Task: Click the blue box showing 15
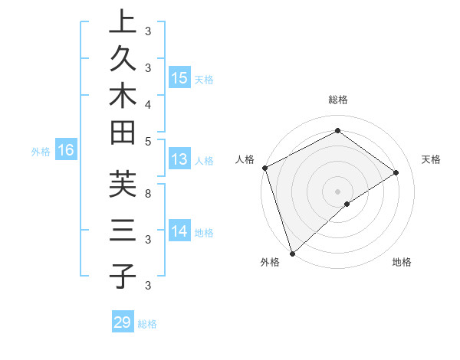click(x=179, y=77)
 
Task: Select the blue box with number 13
click(x=179, y=159)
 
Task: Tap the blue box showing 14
click(x=179, y=231)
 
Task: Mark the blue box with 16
click(x=66, y=150)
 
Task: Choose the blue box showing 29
click(x=123, y=322)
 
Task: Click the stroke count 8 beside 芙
click(x=148, y=194)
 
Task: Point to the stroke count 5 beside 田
click(x=148, y=141)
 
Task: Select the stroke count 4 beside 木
click(x=148, y=103)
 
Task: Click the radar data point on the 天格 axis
click(x=396, y=172)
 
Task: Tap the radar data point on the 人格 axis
click(x=264, y=168)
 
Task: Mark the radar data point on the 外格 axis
click(x=292, y=253)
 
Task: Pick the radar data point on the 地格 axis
click(x=347, y=204)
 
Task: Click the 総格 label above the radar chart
click(x=337, y=100)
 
